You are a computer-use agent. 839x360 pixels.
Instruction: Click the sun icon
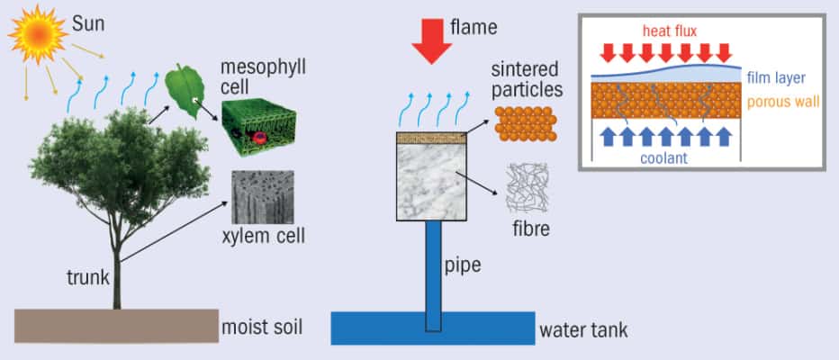(36, 33)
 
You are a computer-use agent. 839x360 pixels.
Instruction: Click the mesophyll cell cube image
(257, 127)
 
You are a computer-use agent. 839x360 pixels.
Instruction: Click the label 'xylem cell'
(263, 238)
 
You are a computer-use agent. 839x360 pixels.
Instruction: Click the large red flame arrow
(426, 43)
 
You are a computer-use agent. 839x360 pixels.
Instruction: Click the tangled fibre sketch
(530, 188)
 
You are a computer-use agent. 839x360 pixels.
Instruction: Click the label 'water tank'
(583, 329)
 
